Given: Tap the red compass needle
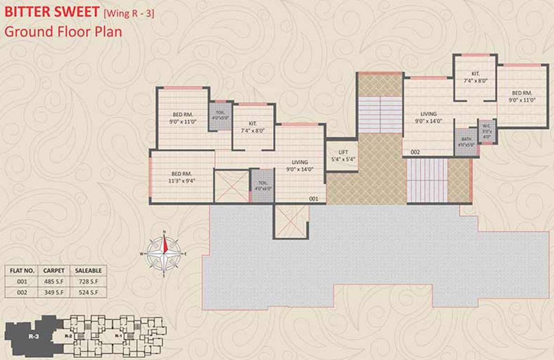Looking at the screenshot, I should pyautogui.click(x=165, y=243).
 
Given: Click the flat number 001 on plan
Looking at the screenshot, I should pyautogui.click(x=314, y=199).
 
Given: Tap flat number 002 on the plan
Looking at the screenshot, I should pyautogui.click(x=415, y=152).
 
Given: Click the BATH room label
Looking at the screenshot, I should pyautogui.click(x=466, y=142).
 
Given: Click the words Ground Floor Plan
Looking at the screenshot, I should pyautogui.click(x=63, y=31).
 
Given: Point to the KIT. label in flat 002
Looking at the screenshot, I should pyautogui.click(x=475, y=77).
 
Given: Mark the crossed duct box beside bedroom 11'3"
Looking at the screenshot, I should pyautogui.click(x=232, y=186).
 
